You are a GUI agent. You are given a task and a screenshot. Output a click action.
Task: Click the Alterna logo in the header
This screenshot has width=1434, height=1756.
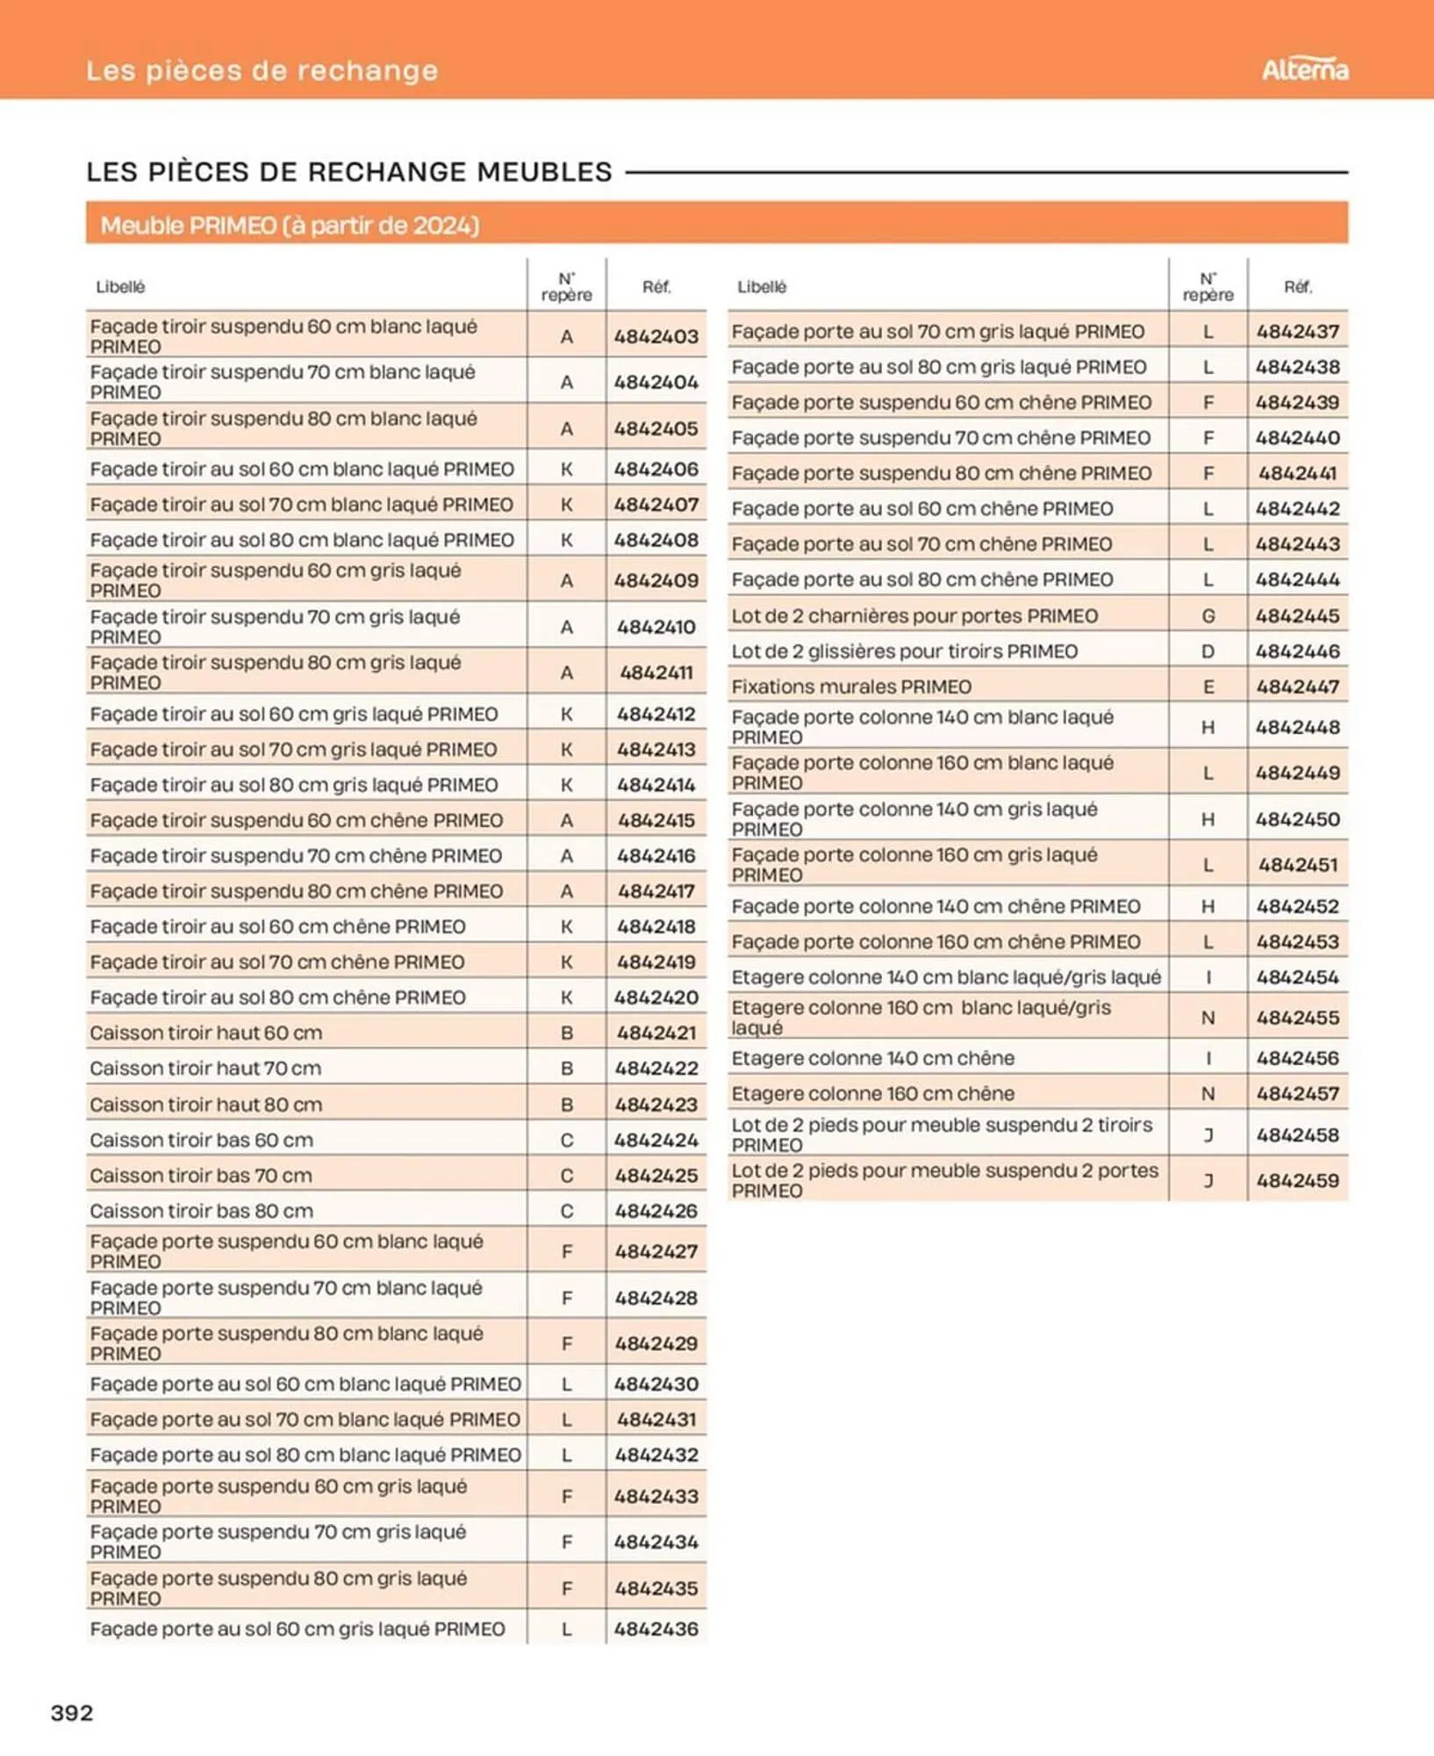1304,69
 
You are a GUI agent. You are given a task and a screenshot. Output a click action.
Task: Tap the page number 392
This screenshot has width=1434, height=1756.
72,1712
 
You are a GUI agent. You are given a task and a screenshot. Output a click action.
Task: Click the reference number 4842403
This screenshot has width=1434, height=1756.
656,336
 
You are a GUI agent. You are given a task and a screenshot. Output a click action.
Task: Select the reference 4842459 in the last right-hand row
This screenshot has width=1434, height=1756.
1297,1181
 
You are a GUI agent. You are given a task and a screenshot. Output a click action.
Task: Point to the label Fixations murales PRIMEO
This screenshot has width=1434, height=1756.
851,687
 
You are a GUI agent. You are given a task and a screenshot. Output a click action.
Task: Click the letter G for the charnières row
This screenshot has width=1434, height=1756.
1208,616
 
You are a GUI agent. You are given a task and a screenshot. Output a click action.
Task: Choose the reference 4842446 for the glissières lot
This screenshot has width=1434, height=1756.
1297,651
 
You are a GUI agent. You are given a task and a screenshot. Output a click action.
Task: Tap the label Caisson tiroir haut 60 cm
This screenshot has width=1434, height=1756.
205,1033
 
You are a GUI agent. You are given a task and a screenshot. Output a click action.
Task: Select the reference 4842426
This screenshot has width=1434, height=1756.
656,1211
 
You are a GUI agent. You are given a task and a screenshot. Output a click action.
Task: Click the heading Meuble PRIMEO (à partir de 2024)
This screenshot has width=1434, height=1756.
290,226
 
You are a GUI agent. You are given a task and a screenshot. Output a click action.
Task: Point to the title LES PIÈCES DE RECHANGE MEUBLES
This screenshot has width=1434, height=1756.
349,172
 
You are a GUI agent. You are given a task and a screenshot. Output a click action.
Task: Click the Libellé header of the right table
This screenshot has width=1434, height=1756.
762,287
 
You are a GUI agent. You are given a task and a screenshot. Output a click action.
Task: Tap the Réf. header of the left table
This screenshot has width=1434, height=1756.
656,287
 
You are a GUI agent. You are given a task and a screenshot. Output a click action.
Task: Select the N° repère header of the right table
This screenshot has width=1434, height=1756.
1208,287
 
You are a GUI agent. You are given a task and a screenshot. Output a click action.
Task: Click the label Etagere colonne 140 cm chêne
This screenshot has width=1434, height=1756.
872,1058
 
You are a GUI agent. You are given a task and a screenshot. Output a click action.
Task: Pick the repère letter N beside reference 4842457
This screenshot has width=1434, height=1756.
1208,1094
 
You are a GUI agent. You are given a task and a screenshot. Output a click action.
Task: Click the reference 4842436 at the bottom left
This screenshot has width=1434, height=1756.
656,1629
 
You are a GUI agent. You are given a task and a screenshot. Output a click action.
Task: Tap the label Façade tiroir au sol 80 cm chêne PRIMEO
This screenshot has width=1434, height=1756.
277,997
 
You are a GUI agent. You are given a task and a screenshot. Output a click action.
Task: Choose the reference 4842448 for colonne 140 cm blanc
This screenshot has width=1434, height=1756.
1297,727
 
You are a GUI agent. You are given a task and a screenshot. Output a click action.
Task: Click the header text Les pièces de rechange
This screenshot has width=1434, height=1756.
262,70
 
